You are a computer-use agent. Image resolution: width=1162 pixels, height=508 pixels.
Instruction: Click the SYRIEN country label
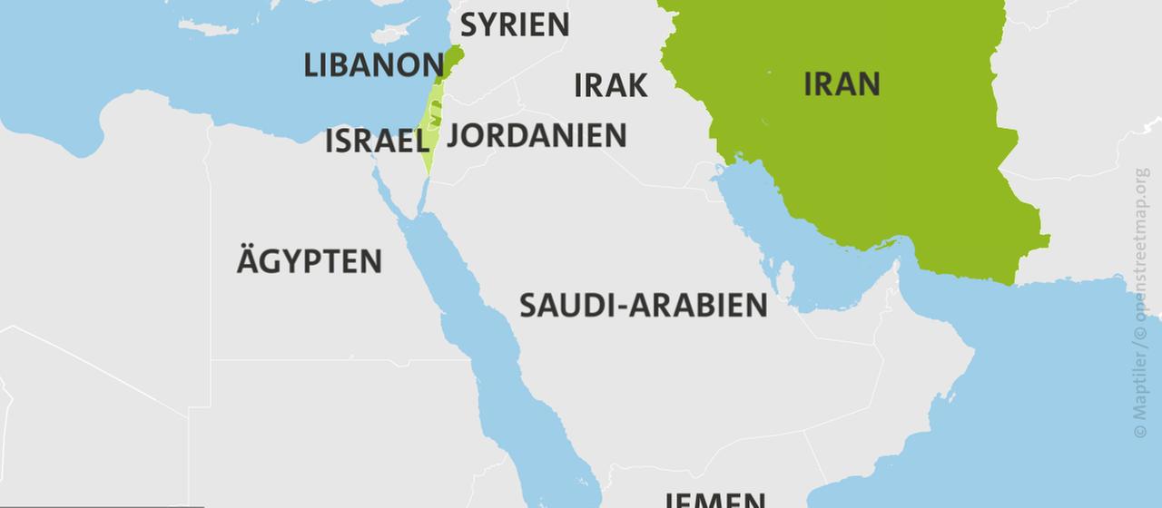tap(515, 24)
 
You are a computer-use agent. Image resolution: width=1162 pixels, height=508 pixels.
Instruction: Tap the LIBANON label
tap(373, 65)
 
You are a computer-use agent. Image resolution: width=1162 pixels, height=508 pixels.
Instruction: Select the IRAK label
tap(610, 85)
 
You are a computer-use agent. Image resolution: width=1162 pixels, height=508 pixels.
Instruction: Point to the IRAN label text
tap(842, 83)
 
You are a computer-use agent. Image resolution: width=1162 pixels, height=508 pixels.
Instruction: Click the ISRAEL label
tap(377, 142)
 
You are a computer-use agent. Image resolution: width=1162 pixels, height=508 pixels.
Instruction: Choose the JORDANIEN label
tap(536, 135)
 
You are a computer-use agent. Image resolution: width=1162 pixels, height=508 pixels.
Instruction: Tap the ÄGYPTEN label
tap(309, 262)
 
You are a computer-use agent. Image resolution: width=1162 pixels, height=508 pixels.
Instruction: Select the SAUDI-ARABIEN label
tap(643, 305)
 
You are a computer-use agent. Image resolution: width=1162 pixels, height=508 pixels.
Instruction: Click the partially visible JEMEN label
tap(714, 499)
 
